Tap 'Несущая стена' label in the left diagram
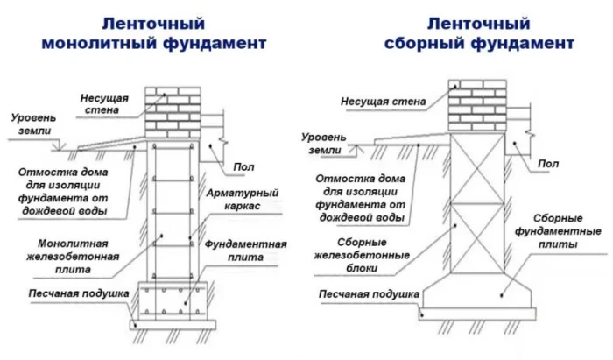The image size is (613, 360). [x=108, y=102]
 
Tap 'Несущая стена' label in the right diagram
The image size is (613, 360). [x=384, y=102]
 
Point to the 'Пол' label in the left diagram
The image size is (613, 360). [x=244, y=166]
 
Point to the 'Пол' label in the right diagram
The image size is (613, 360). [x=548, y=164]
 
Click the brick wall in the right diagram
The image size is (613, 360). [x=478, y=107]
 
